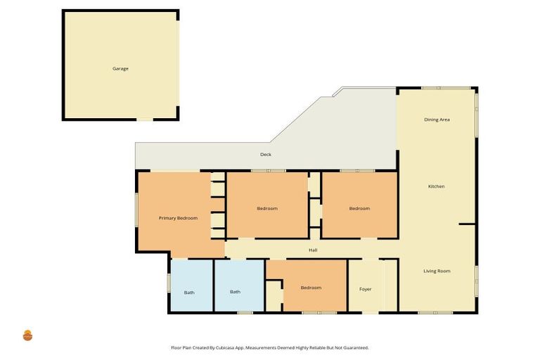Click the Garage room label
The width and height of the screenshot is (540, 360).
pyautogui.click(x=120, y=69)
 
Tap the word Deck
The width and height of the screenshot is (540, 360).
pyautogui.click(x=265, y=155)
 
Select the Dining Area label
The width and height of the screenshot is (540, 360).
pyautogui.click(x=437, y=120)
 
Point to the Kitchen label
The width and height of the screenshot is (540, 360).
pyautogui.click(x=437, y=186)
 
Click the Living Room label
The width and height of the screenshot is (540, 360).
pyautogui.click(x=437, y=271)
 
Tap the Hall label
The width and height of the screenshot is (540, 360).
pyautogui.click(x=313, y=250)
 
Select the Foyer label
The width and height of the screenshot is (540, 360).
pyautogui.click(x=365, y=288)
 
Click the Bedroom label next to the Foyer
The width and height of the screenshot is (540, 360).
pyautogui.click(x=311, y=288)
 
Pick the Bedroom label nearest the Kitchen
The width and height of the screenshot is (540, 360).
pyautogui.click(x=359, y=208)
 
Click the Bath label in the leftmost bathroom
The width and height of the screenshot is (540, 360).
pyautogui.click(x=189, y=292)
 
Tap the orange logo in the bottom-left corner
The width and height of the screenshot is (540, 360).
pyautogui.click(x=28, y=335)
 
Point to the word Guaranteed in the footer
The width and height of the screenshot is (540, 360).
pyautogui.click(x=354, y=347)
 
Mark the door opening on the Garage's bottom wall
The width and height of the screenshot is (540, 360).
pyautogui.click(x=144, y=120)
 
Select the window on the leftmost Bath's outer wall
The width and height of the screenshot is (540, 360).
pyautogui.click(x=169, y=282)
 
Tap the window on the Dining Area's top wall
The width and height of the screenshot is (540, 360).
pyautogui.click(x=446, y=88)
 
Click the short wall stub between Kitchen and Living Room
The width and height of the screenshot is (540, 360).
pyautogui.click(x=468, y=224)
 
